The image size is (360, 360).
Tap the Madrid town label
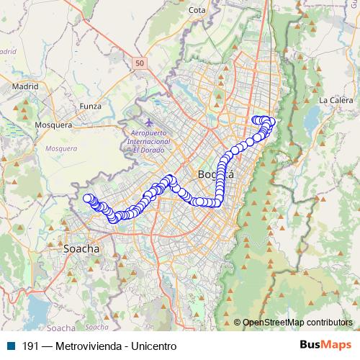[x=24, y=86]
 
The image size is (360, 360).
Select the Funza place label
[x=91, y=106]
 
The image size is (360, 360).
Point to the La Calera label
[x=333, y=100]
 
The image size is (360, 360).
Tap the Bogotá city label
[x=215, y=175]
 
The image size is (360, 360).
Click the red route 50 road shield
[x=140, y=64]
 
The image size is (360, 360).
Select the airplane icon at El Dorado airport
[x=149, y=122]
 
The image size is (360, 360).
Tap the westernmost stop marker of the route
[x=88, y=199]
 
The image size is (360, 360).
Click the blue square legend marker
[x=10, y=346]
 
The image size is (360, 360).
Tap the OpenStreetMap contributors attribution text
[x=297, y=323]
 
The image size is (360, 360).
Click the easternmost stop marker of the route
[x=272, y=121]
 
